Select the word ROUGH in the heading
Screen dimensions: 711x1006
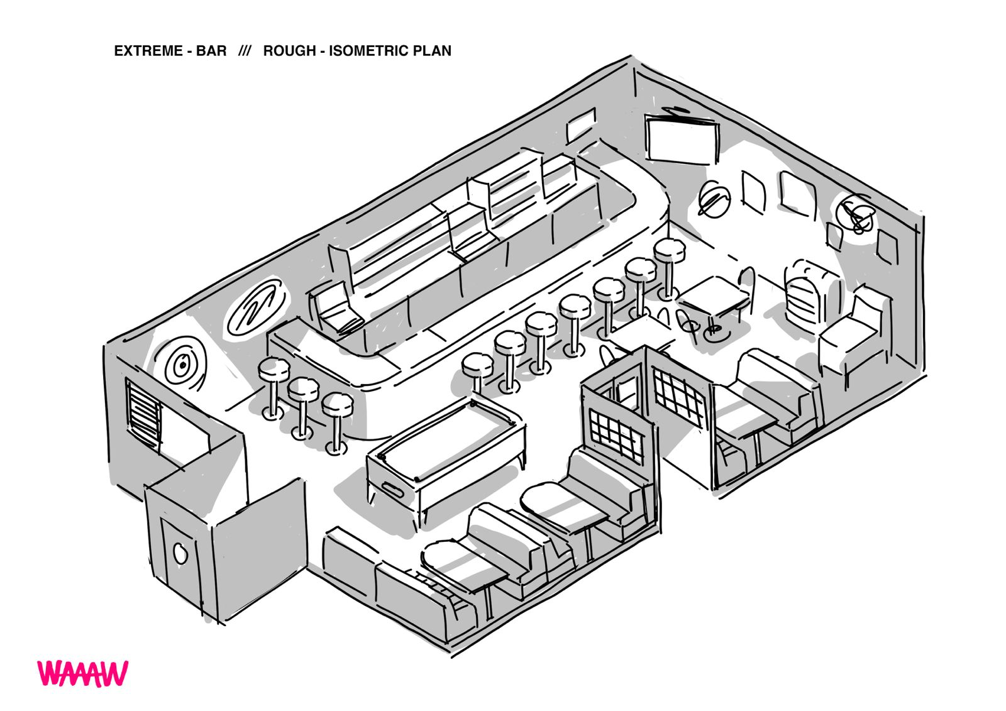pos(289,51)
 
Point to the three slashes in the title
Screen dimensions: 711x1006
pos(245,51)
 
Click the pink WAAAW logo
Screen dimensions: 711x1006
pos(82,673)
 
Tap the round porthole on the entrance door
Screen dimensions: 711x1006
pos(180,553)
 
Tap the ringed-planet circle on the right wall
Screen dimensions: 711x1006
pos(714,199)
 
